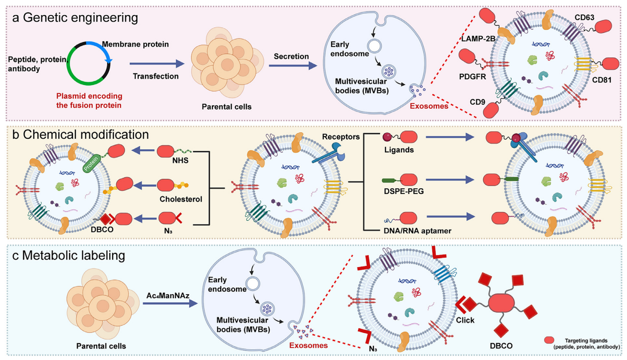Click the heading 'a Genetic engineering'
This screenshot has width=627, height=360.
click(x=75, y=17)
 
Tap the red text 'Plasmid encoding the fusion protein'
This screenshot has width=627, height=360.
click(x=89, y=100)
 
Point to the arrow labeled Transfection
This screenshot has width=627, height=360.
click(x=156, y=64)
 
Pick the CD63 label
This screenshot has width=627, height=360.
click(x=584, y=17)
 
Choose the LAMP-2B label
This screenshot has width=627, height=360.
click(x=478, y=39)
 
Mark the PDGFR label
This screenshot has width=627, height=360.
click(x=472, y=77)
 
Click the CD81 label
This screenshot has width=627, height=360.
click(x=602, y=80)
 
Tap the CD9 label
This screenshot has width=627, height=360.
click(x=477, y=102)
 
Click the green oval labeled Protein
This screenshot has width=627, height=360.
click(x=91, y=163)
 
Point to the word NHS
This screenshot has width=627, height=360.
click(x=180, y=160)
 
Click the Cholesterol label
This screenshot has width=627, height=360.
click(x=180, y=199)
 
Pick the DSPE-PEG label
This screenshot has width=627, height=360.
click(x=403, y=191)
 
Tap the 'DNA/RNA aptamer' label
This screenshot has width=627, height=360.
click(x=417, y=230)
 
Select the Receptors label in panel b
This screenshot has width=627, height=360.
click(x=340, y=137)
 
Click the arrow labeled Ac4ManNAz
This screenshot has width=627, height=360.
click(x=169, y=303)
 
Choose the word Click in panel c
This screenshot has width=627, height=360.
click(x=465, y=320)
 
